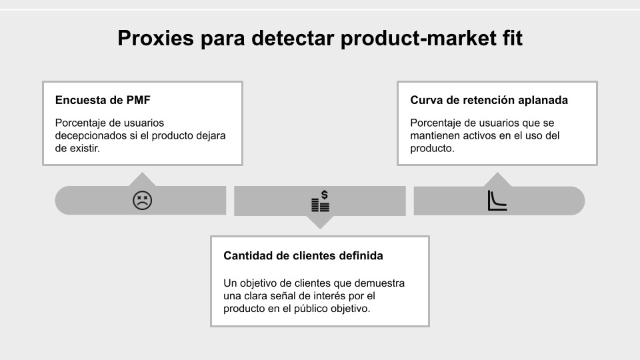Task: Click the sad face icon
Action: point(142,200)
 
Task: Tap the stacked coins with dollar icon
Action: point(321,201)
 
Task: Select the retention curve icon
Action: point(497,201)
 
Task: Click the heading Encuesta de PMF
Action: point(103,101)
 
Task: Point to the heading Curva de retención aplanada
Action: point(489,101)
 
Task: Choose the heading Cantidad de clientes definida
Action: point(303,256)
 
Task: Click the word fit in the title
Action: point(510,39)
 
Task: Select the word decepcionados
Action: point(89,136)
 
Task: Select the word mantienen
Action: point(437,136)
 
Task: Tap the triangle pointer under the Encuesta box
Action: point(142,179)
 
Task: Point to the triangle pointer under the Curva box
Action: point(497,179)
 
